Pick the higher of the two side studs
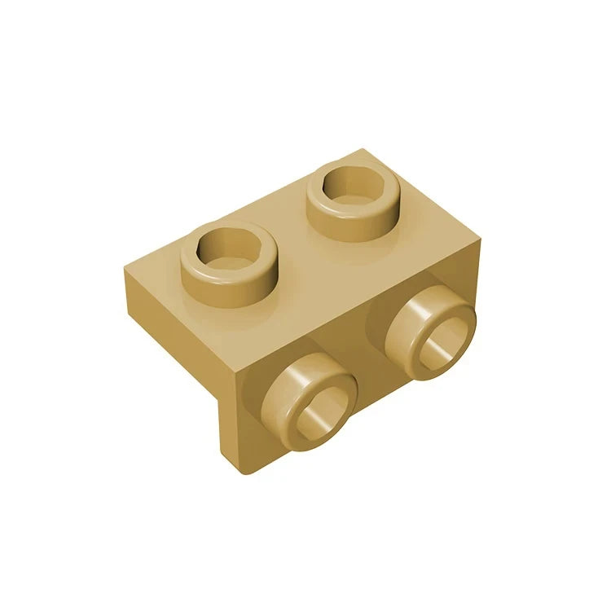[429, 325]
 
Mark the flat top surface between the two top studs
[289, 232]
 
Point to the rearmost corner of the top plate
[363, 150]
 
